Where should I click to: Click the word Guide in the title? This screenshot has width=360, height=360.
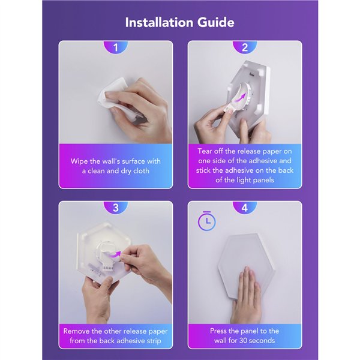pyautogui.click(x=216, y=23)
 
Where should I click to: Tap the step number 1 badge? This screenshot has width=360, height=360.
pyautogui.click(x=115, y=47)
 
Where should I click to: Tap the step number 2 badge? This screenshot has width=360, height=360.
pyautogui.click(x=245, y=47)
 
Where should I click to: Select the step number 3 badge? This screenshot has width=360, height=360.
pyautogui.click(x=115, y=208)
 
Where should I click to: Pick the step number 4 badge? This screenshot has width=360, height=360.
pyautogui.click(x=245, y=208)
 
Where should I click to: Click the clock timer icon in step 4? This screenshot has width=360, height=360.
pyautogui.click(x=207, y=221)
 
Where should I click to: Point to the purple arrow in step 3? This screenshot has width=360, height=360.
pyautogui.click(x=114, y=254)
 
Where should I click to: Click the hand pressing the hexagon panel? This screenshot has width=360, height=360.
pyautogui.click(x=246, y=295)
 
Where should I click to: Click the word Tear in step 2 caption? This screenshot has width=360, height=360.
pyautogui.click(x=205, y=151)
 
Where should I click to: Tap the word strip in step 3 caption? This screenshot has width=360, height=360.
pyautogui.click(x=154, y=341)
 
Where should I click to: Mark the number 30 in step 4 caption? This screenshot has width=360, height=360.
pyautogui.click(x=244, y=340)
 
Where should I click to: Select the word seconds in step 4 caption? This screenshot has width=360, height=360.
pyautogui.click(x=262, y=340)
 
